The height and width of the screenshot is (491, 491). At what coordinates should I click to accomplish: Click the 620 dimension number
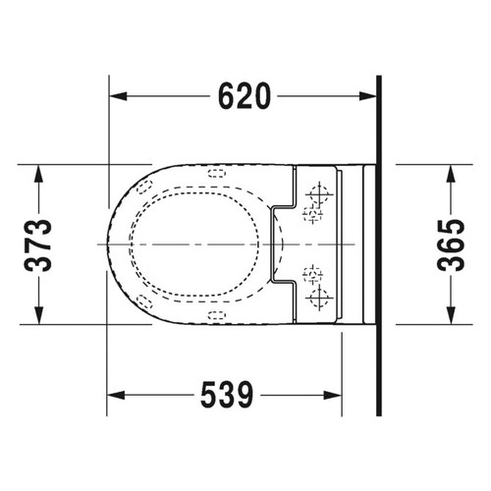coord(245,96)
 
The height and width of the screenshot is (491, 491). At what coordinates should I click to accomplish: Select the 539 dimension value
coord(227,395)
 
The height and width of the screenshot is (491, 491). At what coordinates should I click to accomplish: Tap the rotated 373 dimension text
coord(38,245)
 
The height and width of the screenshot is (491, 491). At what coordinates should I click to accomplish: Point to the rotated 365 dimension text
coord(451,245)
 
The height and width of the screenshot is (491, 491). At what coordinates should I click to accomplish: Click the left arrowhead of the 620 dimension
coord(118,96)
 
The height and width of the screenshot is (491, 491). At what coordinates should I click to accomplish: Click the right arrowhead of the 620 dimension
coord(367,96)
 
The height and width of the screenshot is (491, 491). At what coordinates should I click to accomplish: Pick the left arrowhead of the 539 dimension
coord(116,395)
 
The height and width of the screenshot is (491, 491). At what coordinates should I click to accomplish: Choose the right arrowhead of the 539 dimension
coord(333,395)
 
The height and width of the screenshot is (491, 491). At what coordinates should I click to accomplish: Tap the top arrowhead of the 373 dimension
coord(39,174)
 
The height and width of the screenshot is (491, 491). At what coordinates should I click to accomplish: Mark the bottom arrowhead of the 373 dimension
coord(39,315)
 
